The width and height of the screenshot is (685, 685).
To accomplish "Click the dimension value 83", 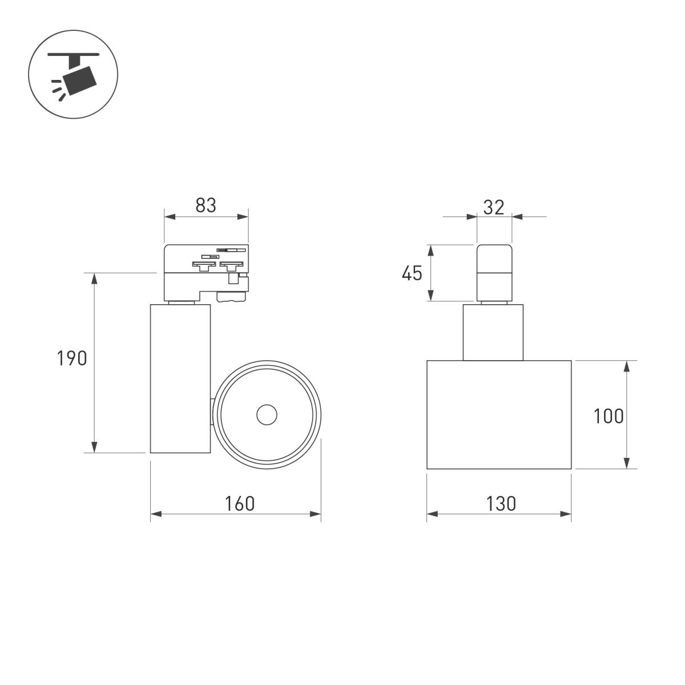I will pyautogui.click(x=206, y=205).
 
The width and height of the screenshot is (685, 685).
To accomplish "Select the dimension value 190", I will pyautogui.click(x=72, y=358).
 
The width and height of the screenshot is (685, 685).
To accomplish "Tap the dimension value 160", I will pyautogui.click(x=239, y=503).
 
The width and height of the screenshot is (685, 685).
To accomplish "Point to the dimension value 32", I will pyautogui.click(x=494, y=207).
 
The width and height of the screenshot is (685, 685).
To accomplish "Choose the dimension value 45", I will pyautogui.click(x=412, y=273).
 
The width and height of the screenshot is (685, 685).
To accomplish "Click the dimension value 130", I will pyautogui.click(x=501, y=503).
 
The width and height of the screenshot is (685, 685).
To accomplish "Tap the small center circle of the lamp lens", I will pyautogui.click(x=267, y=415).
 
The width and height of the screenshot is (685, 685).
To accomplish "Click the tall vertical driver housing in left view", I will pyautogui.click(x=180, y=378).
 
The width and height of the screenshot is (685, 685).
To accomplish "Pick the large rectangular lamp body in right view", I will pyautogui.click(x=499, y=414).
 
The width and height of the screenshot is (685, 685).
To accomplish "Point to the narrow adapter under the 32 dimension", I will pyautogui.click(x=494, y=272).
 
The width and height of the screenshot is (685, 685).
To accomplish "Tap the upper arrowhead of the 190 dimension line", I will pyautogui.click(x=95, y=277).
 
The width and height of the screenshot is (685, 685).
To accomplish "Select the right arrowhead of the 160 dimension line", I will pyautogui.click(x=316, y=514).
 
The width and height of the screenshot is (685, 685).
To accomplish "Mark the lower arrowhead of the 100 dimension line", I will pyautogui.click(x=627, y=464).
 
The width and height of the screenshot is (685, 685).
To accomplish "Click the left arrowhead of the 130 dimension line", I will pyautogui.click(x=432, y=514).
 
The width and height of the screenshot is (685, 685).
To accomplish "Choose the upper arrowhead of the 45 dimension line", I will pyautogui.click(x=431, y=249).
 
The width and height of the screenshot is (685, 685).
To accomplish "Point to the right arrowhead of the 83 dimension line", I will pyautogui.click(x=244, y=216).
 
